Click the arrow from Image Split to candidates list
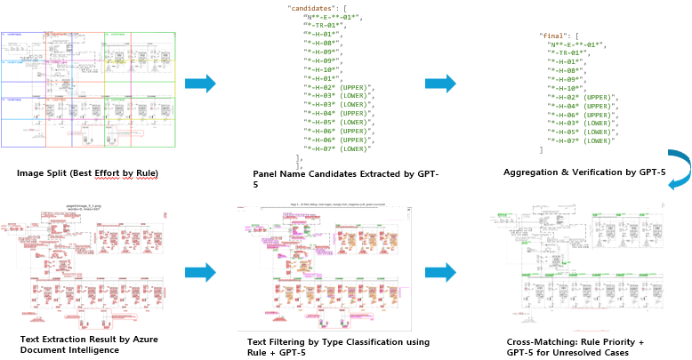[x=200, y=84]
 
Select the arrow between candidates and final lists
[x=440, y=84]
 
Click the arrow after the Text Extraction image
[x=200, y=273]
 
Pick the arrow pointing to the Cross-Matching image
[x=440, y=273]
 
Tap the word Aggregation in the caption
[x=533, y=172]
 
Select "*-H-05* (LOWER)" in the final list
[x=582, y=131]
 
